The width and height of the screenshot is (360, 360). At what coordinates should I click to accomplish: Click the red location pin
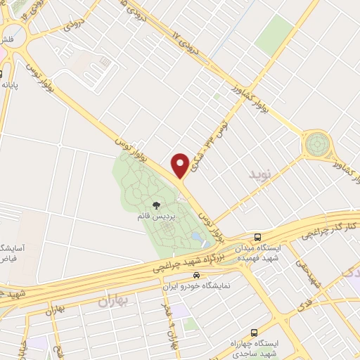coord(180,165)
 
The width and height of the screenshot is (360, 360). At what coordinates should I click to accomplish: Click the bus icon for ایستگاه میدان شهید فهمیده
coord(258,238)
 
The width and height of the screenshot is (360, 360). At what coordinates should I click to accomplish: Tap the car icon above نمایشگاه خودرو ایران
coord(198,275)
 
